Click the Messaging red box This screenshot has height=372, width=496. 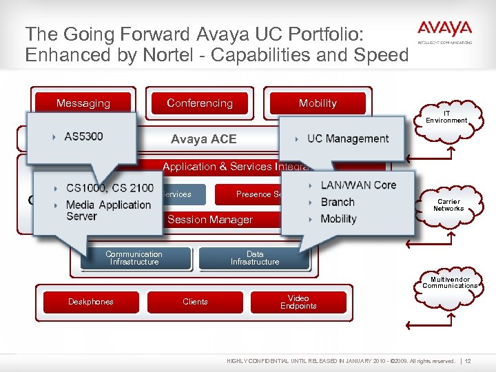(83, 103)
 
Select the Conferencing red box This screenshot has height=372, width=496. (200, 103)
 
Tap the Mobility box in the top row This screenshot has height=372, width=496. (318, 103)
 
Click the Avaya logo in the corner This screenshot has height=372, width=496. (444, 32)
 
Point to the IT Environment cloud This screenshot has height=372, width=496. (446, 117)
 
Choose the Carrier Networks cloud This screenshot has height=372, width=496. (448, 205)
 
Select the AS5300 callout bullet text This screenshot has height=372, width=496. (83, 136)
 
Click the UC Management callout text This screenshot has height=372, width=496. (347, 138)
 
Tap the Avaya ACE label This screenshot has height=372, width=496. (203, 139)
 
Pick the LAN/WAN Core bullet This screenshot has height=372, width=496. (358, 185)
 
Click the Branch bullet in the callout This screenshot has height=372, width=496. (338, 202)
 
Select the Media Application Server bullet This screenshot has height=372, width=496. (107, 210)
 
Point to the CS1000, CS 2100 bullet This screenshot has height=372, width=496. (110, 188)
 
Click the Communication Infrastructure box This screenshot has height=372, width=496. (134, 258)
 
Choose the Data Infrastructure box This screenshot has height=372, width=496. (255, 258)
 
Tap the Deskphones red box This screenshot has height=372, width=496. (91, 302)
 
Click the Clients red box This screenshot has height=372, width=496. (195, 302)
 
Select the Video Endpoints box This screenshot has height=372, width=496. (298, 302)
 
